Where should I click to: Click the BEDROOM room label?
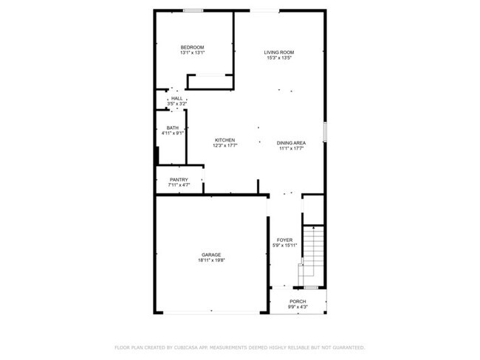point(192,48)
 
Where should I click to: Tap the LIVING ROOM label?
point(280,52)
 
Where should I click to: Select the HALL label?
point(176,98)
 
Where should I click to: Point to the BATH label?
point(172,128)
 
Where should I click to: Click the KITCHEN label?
point(225,140)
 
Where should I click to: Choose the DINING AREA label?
point(292,143)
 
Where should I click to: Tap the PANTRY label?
point(179,179)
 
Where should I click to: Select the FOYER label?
point(285,240)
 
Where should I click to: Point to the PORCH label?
point(298,301)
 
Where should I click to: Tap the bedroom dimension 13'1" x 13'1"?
point(192,53)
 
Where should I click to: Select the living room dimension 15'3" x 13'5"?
point(280,58)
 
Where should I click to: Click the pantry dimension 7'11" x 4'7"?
point(179,185)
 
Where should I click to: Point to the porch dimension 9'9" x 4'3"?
point(298,307)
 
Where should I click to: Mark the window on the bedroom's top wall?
point(194,10)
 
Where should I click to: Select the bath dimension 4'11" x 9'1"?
point(172,134)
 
